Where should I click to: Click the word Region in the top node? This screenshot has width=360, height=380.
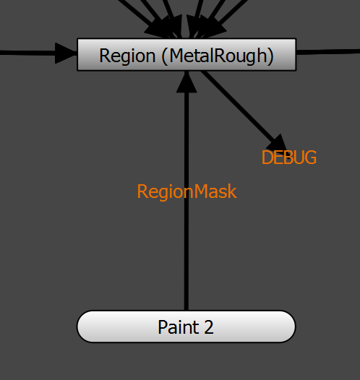tap(127, 56)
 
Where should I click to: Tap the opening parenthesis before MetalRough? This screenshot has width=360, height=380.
tap(165, 56)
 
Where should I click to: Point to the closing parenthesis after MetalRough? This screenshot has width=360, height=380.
tap(270, 56)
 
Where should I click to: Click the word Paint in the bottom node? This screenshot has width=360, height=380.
tap(179, 327)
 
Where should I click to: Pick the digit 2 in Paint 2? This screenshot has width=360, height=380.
tap(209, 327)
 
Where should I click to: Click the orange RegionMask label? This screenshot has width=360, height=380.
tap(187, 192)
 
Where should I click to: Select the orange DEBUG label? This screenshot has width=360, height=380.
tap(289, 157)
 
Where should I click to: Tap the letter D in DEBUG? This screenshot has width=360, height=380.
tap(267, 157)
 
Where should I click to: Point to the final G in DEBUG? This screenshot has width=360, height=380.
tap(311, 157)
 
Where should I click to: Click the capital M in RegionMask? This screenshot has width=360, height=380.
tap(200, 191)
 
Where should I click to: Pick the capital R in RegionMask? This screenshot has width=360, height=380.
tap(142, 191)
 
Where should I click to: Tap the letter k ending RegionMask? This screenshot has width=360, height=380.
tap(233, 191)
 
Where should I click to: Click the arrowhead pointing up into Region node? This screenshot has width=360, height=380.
tap(187, 82)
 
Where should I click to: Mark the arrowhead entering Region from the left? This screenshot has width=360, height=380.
tap(66, 53)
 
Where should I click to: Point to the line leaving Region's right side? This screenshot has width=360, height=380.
tap(328, 52)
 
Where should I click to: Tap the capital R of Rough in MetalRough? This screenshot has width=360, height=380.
tap(219, 56)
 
